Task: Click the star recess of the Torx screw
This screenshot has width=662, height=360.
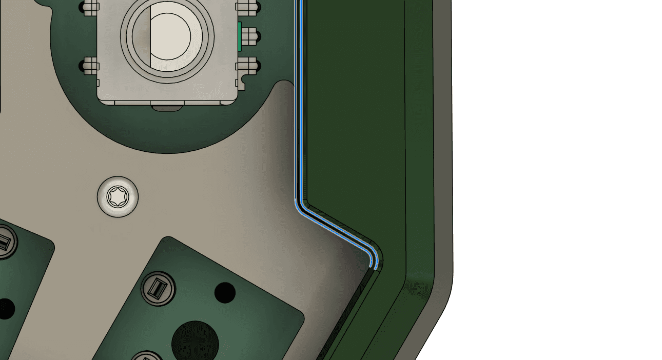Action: (118, 196)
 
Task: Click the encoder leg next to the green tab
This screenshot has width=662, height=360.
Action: (249, 36)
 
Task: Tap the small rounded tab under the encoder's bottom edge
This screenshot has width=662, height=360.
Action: (167, 107)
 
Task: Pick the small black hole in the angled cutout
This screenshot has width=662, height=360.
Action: (225, 292)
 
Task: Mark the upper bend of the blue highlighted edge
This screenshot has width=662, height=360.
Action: (298, 203)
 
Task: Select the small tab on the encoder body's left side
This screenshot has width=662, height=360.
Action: (98, 82)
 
